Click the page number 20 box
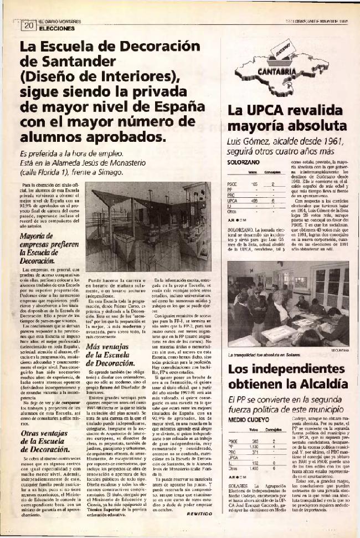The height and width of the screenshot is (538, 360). tap(27, 25)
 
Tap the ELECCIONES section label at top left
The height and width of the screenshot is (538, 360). tap(56, 27)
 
